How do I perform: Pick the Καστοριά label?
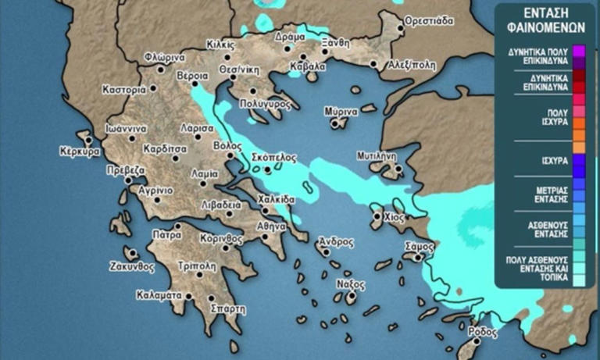point(124,90)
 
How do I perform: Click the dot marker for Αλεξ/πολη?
point(376,65)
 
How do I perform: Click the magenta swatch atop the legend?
point(578,52)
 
